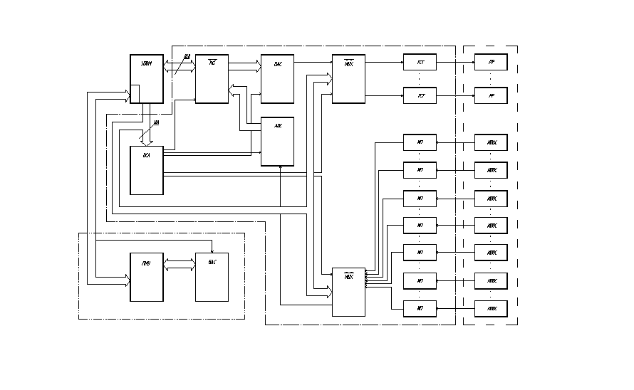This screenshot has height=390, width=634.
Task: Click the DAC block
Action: tap(277, 78)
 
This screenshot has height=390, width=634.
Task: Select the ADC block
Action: tap(277, 141)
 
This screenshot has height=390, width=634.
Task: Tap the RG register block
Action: tap(212, 78)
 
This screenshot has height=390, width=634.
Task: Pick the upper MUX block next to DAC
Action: tap(348, 78)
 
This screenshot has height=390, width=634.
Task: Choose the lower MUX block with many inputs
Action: tap(348, 292)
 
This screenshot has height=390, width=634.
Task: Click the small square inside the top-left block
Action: tap(135, 93)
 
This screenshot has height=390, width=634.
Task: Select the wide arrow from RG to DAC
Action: tap(244, 67)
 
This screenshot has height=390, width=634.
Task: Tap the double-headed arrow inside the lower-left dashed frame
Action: tap(180, 265)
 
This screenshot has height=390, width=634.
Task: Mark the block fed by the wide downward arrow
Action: tap(146, 169)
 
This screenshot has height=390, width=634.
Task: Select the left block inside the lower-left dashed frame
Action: tap(146, 276)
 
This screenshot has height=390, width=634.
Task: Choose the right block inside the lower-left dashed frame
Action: tap(212, 276)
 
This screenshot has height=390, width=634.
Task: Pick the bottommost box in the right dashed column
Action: tap(491, 308)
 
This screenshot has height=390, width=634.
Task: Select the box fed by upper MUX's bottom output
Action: tap(420, 95)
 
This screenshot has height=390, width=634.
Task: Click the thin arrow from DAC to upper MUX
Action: tap(313, 62)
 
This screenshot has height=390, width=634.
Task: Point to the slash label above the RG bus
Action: tap(187, 56)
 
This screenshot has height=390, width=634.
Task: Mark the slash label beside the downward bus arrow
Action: tap(157, 122)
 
